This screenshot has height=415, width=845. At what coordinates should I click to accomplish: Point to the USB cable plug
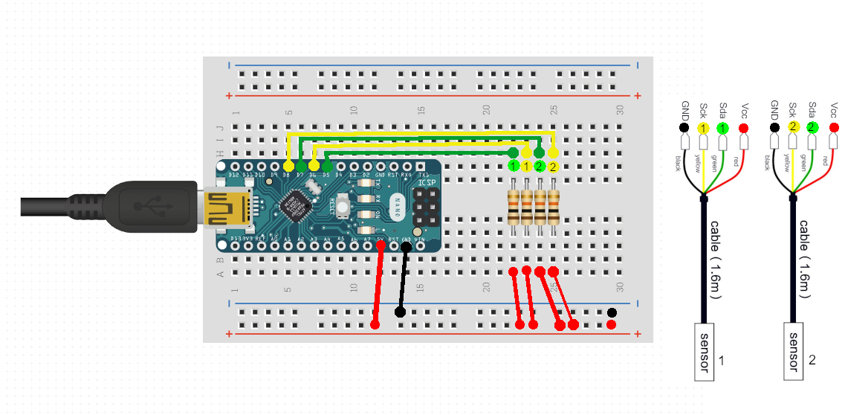point(149,205)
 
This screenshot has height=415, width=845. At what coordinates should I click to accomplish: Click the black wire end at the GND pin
point(406,247)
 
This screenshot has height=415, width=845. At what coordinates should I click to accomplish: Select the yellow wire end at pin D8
point(288,164)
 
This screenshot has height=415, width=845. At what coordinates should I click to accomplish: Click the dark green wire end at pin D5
point(327,162)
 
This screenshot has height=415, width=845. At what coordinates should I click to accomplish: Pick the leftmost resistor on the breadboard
point(513,207)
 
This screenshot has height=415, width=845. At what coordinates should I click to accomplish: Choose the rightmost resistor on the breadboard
point(553,207)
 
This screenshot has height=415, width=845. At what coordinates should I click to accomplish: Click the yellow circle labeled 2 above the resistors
point(553,166)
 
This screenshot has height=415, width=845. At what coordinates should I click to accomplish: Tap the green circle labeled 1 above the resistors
point(513,166)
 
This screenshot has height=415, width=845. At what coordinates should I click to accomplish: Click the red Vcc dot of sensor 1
point(743,129)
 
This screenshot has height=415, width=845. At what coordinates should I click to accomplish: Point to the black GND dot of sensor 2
point(774,127)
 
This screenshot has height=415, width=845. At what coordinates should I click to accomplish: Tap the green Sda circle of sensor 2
point(812,127)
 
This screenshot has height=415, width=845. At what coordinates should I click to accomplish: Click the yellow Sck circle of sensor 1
point(704,129)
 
